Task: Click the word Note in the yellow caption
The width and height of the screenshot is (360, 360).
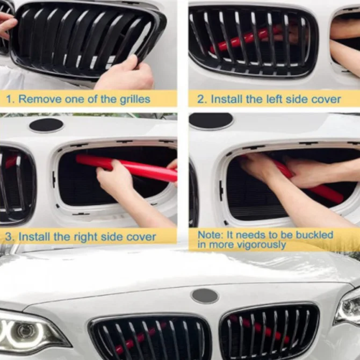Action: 208,235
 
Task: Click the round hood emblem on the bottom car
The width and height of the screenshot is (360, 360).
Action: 205,296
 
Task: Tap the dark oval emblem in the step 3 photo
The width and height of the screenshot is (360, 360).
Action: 46,125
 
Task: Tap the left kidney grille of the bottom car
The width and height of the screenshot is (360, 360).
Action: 150,339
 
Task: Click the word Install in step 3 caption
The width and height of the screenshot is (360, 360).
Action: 37,237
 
